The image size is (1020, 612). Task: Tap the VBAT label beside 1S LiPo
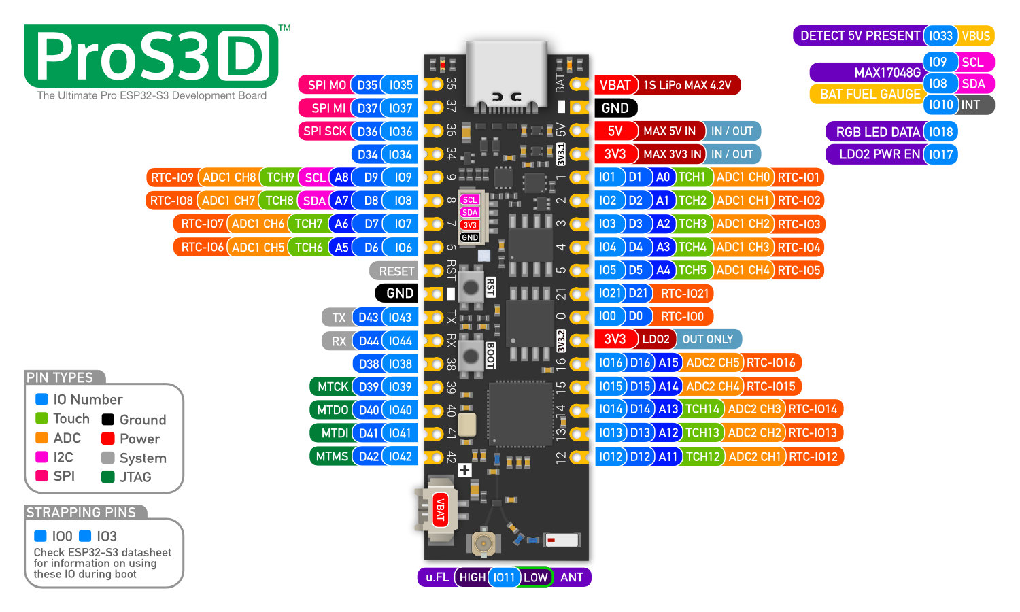tap(615, 85)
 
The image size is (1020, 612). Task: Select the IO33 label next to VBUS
tap(940, 36)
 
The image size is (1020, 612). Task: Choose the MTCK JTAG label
tap(332, 387)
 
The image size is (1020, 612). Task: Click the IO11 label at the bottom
tap(504, 577)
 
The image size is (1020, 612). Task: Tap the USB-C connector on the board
tap(507, 75)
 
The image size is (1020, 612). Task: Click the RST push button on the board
tap(471, 287)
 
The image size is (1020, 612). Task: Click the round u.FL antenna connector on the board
tap(483, 543)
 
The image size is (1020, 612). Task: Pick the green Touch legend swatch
tap(41, 418)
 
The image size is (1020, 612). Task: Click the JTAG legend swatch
tap(107, 477)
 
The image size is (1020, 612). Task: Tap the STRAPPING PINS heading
tap(81, 513)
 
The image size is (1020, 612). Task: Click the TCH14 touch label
tap(702, 409)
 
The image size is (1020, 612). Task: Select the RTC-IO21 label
tap(684, 294)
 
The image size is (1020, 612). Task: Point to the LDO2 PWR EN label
tap(879, 154)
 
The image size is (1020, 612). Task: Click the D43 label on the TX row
tap(368, 318)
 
